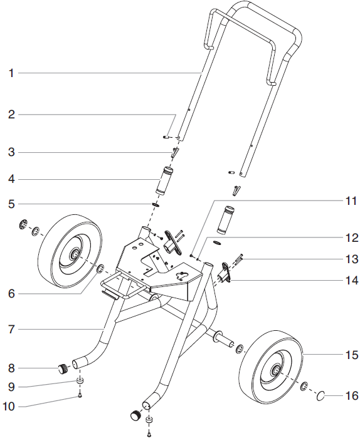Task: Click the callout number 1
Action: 11,73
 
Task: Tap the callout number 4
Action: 11,179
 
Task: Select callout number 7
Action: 11,328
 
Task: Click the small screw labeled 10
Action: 81,396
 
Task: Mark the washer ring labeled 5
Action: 155,204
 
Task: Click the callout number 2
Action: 11,114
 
